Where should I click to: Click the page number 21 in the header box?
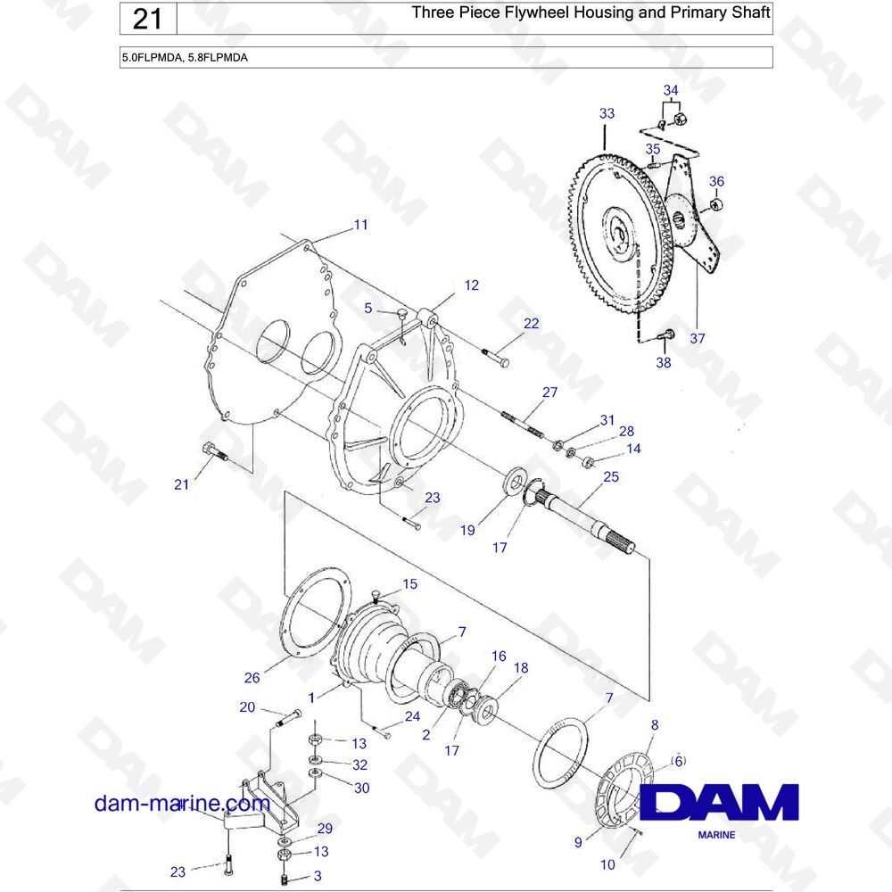[x=147, y=19]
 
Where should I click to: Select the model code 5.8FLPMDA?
[x=218, y=57]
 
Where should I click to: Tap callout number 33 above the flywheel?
[x=607, y=113]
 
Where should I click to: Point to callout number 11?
[x=360, y=225]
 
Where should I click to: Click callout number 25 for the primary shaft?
[x=611, y=476]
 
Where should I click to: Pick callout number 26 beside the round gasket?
[x=252, y=678]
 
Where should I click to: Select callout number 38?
[x=664, y=362]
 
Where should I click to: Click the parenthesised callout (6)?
[x=679, y=761]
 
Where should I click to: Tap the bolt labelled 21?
[x=214, y=451]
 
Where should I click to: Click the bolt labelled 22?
[x=496, y=358]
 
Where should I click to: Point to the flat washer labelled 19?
[x=516, y=482]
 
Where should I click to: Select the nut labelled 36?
[x=716, y=204]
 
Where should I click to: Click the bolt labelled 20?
[x=288, y=718]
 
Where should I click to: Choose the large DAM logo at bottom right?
[x=719, y=801]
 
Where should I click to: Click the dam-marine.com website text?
[x=182, y=804]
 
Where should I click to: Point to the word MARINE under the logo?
[x=716, y=835]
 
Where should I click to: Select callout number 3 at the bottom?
[x=318, y=876]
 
